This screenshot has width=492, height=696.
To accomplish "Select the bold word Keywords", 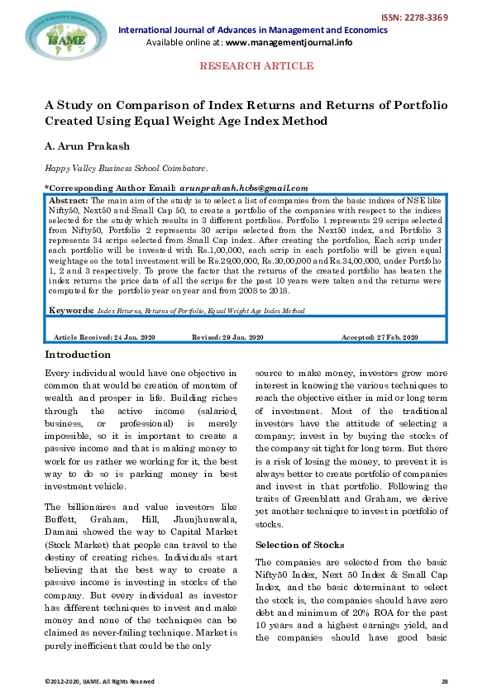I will coord(70,311).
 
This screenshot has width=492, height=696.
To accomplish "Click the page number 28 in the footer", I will coord(443,679).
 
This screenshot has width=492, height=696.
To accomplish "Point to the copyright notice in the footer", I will coord(99,679).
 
